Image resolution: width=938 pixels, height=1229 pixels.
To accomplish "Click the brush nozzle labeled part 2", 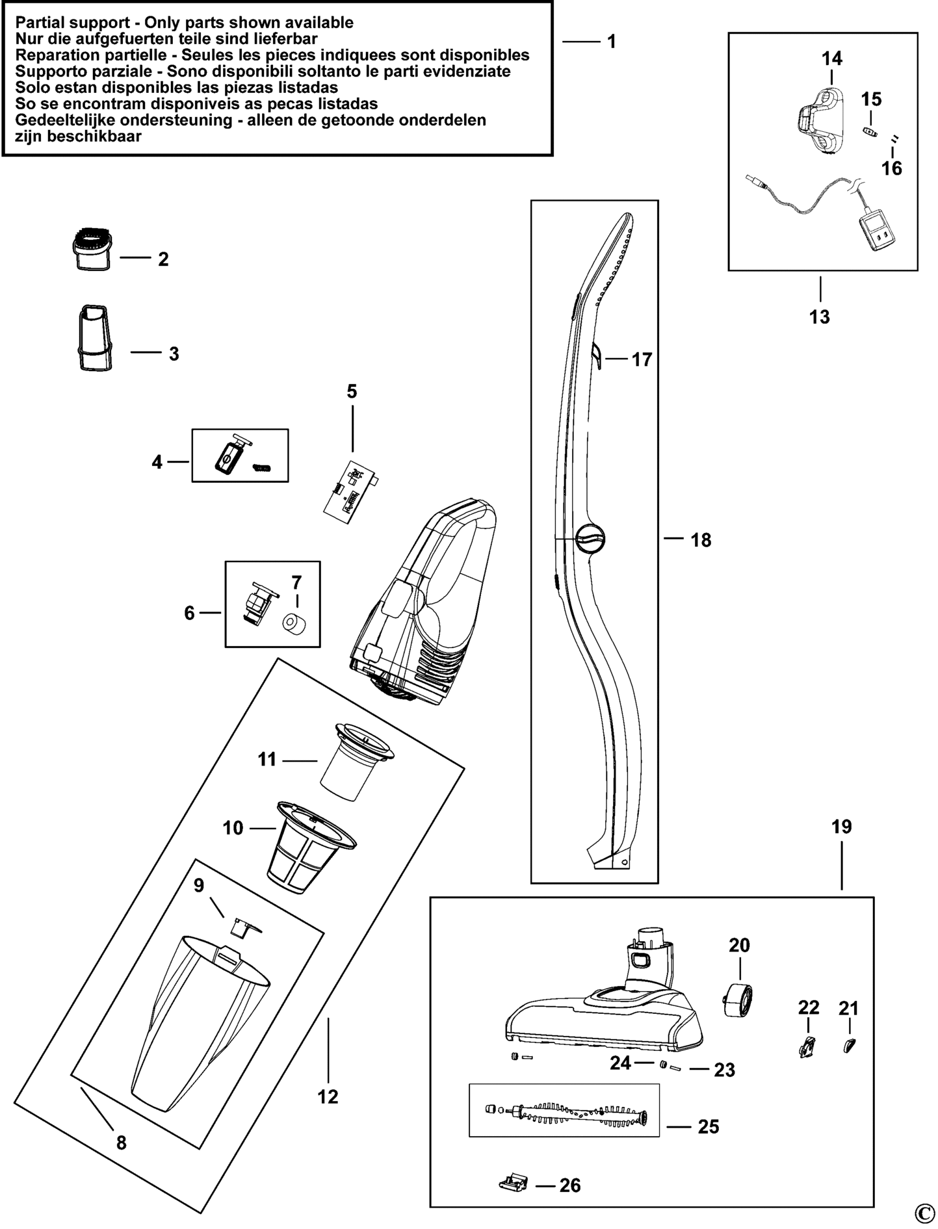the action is pyautogui.click(x=90, y=248).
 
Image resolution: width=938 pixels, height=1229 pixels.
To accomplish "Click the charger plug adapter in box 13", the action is pyautogui.click(x=878, y=231).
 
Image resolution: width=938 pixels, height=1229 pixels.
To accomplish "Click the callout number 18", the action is pyautogui.click(x=701, y=540).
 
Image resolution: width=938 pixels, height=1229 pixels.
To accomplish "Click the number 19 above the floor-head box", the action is pyautogui.click(x=841, y=827).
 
